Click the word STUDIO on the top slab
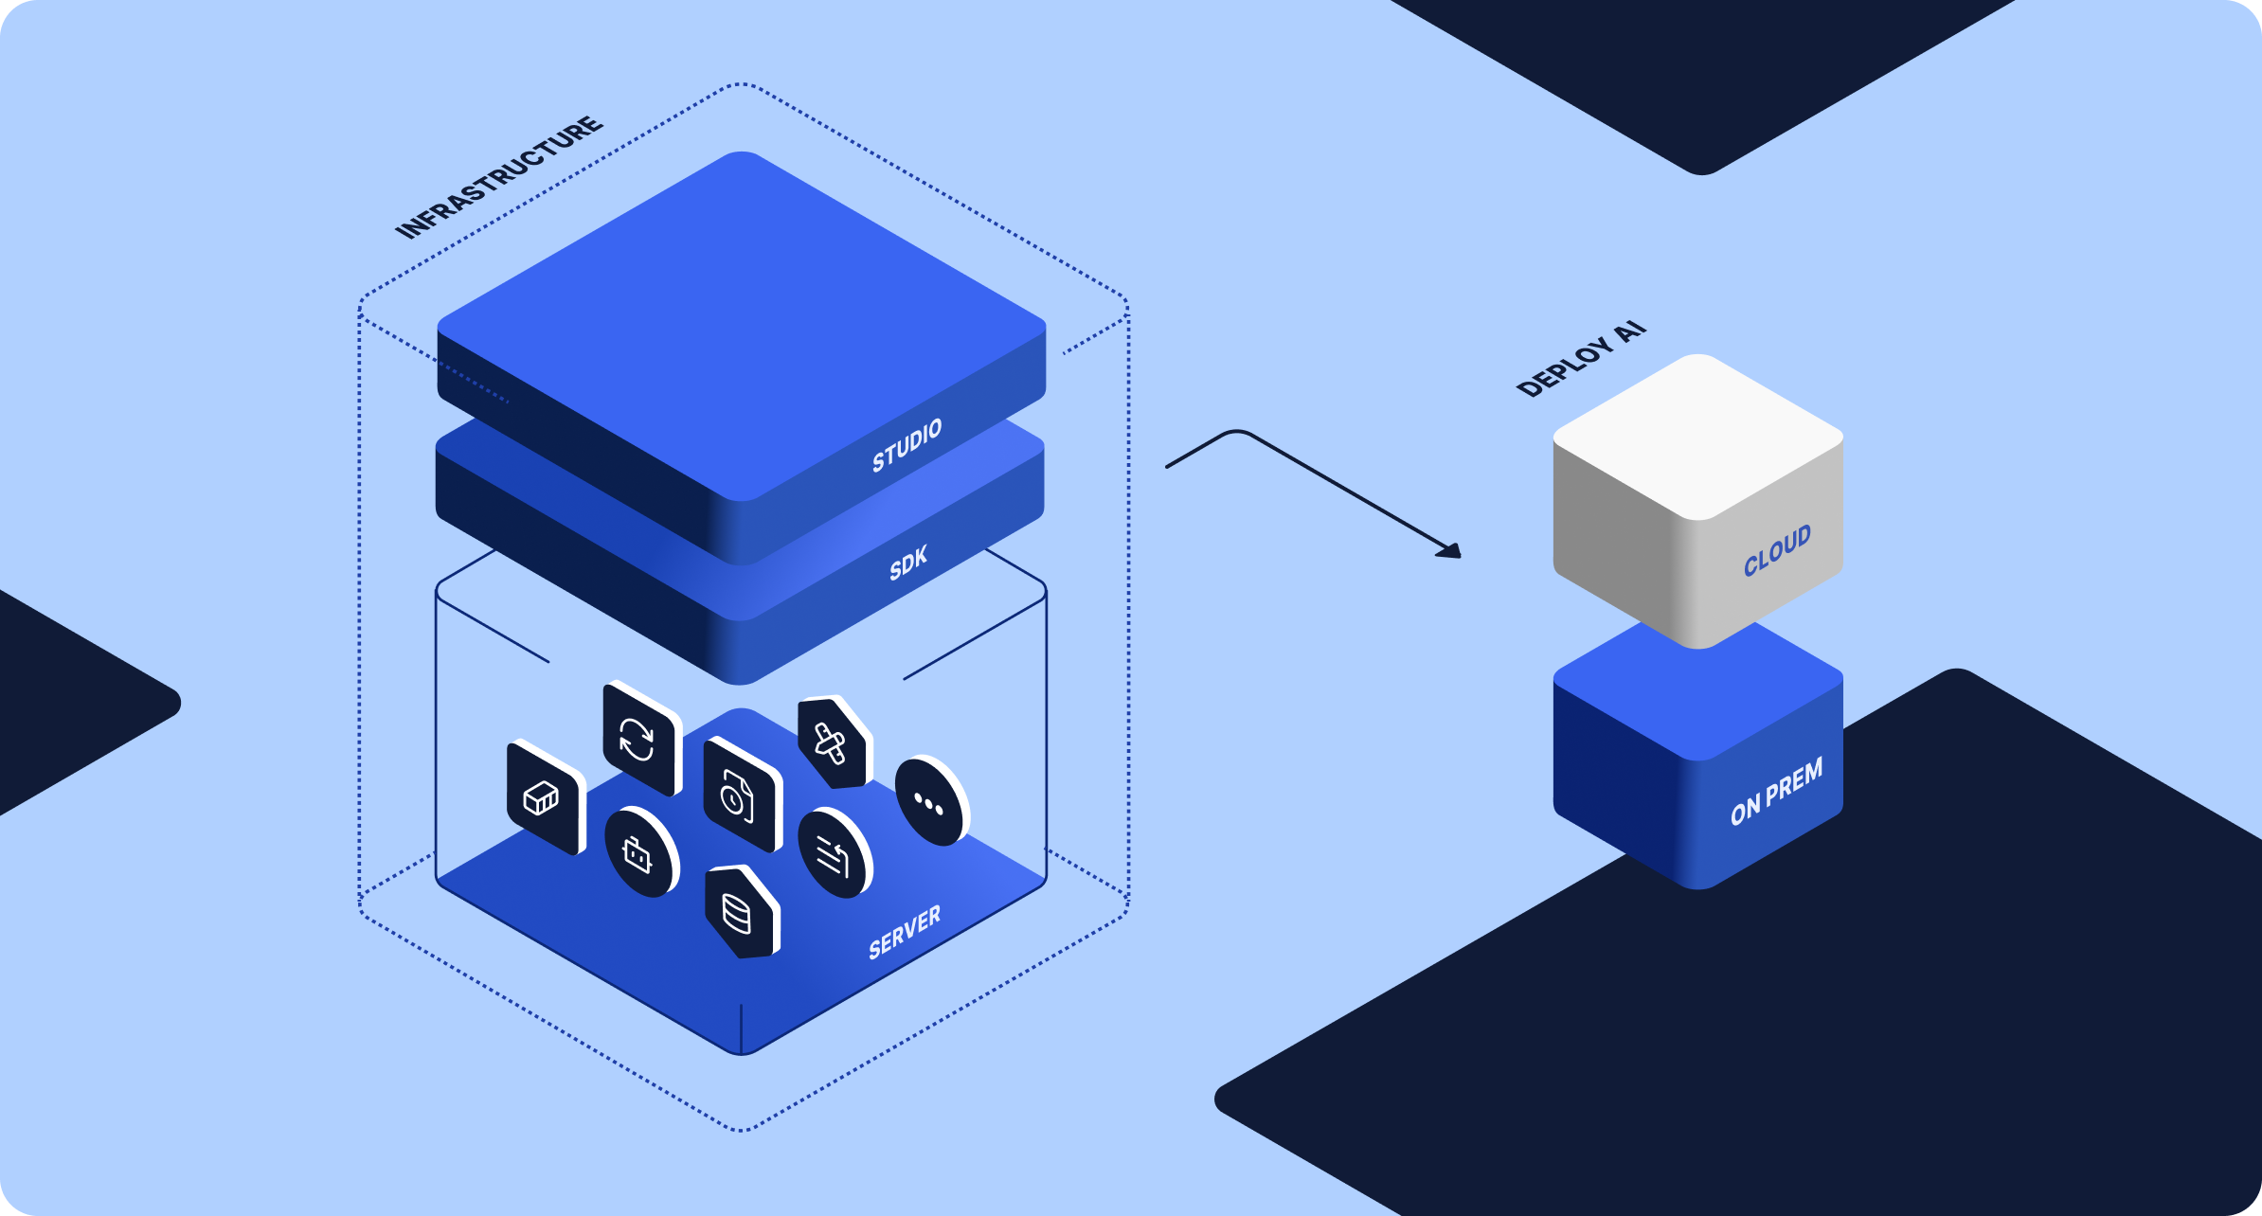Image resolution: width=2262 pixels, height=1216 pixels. [x=907, y=445]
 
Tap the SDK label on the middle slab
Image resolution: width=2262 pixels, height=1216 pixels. [x=907, y=564]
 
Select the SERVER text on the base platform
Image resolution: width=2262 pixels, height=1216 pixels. [x=905, y=932]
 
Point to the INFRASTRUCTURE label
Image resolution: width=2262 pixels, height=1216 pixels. [x=498, y=177]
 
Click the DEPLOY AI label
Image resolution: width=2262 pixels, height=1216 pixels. [x=1581, y=360]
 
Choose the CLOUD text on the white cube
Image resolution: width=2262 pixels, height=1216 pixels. [x=1777, y=550]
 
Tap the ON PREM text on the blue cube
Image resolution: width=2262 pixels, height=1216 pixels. [x=1776, y=793]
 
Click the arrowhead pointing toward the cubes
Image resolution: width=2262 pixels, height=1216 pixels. [x=1449, y=550]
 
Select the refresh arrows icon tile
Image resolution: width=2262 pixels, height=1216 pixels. [x=640, y=739]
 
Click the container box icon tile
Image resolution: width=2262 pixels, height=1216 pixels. [x=544, y=797]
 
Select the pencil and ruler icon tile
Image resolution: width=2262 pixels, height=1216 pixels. [x=833, y=744]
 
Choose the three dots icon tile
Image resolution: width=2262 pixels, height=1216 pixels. [x=929, y=802]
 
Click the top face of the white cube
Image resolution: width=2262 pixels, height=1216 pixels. [x=1698, y=436]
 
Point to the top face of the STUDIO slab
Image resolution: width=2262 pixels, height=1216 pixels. [x=742, y=322]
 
